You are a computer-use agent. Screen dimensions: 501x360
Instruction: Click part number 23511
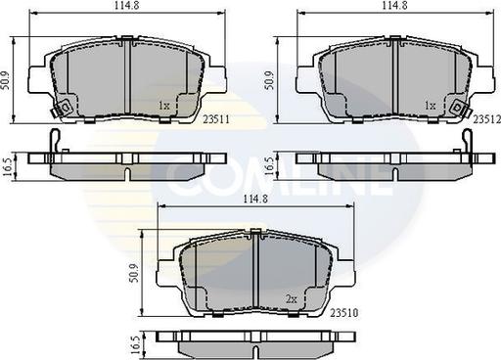pyautogui.click(x=216, y=119)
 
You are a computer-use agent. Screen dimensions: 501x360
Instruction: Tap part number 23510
pyautogui.click(x=344, y=313)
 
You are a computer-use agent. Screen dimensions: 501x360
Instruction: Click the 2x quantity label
pyautogui.click(x=292, y=299)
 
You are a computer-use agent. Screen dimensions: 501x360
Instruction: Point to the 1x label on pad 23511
pyautogui.click(x=164, y=106)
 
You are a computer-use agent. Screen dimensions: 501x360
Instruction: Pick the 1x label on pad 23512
pyautogui.click(x=431, y=106)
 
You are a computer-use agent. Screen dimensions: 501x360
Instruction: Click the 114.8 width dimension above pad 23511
pyautogui.click(x=127, y=6)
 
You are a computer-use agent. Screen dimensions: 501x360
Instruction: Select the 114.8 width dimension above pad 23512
pyautogui.click(x=394, y=6)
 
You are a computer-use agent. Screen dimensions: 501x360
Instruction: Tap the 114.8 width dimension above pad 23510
pyautogui.click(x=255, y=199)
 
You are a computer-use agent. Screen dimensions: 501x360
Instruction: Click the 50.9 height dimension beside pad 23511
pyautogui.click(x=6, y=80)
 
